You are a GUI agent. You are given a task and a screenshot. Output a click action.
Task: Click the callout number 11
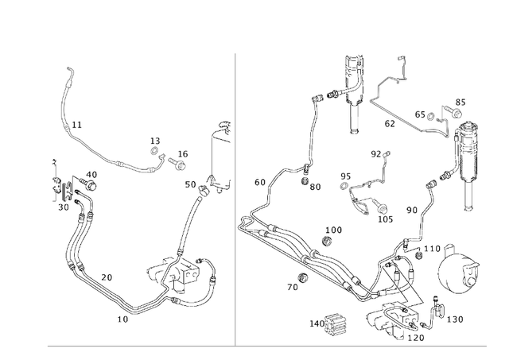point(76,126)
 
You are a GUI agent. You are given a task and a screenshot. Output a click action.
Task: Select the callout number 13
point(155,141)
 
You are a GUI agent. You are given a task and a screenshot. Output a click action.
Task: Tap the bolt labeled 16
point(177,166)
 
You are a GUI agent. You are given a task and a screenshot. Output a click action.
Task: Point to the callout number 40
point(91,175)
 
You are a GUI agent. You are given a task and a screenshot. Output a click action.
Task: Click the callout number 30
point(63,207)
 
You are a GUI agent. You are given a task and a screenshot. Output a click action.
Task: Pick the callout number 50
point(190,184)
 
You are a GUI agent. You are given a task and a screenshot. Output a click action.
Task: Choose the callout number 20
point(106,277)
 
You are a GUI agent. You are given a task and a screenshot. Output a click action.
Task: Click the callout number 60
point(260,183)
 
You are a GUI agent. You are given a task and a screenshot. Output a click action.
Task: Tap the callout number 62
point(390,124)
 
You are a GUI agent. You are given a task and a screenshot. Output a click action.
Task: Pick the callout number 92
point(375,154)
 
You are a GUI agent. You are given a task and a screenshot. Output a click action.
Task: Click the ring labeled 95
point(344,188)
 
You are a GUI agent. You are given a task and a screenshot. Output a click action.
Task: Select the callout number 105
point(385,219)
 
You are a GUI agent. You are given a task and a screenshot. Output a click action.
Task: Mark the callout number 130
point(454,319)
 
